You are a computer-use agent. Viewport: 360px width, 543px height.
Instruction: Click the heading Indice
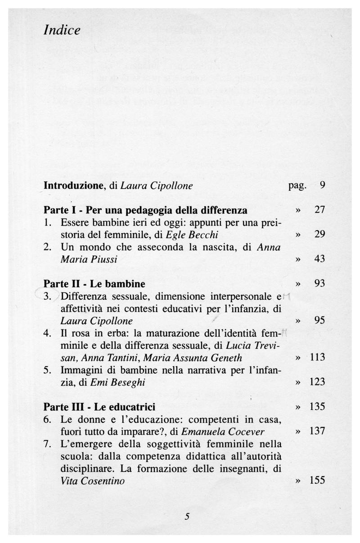coord(62,31)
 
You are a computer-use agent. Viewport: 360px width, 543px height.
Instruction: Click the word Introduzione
coord(74,186)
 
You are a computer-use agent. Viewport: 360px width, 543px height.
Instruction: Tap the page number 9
coord(322,185)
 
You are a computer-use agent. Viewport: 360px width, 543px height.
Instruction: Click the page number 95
coord(319,321)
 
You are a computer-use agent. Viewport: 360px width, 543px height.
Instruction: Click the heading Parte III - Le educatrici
coord(99,407)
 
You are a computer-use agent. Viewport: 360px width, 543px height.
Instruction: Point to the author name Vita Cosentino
coord(92,481)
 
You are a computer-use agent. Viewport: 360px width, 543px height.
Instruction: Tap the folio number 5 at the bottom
coord(187,517)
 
